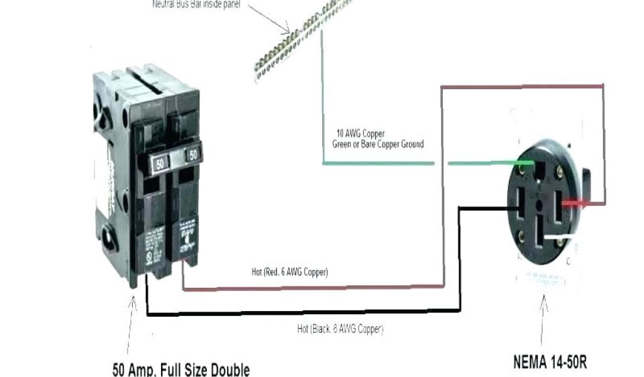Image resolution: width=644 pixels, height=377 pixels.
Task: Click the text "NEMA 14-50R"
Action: point(550,362)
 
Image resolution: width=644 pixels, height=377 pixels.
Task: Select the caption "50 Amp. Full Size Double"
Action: point(180,369)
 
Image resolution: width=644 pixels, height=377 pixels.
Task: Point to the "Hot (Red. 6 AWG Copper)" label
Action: point(289,272)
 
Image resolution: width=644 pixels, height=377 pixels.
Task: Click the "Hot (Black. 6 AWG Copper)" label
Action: point(340,328)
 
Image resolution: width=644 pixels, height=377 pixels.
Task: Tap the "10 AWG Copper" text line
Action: point(360,134)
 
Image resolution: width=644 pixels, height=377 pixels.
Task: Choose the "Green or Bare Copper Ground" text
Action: point(377,144)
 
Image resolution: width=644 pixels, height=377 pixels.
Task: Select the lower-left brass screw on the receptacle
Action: point(521,237)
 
